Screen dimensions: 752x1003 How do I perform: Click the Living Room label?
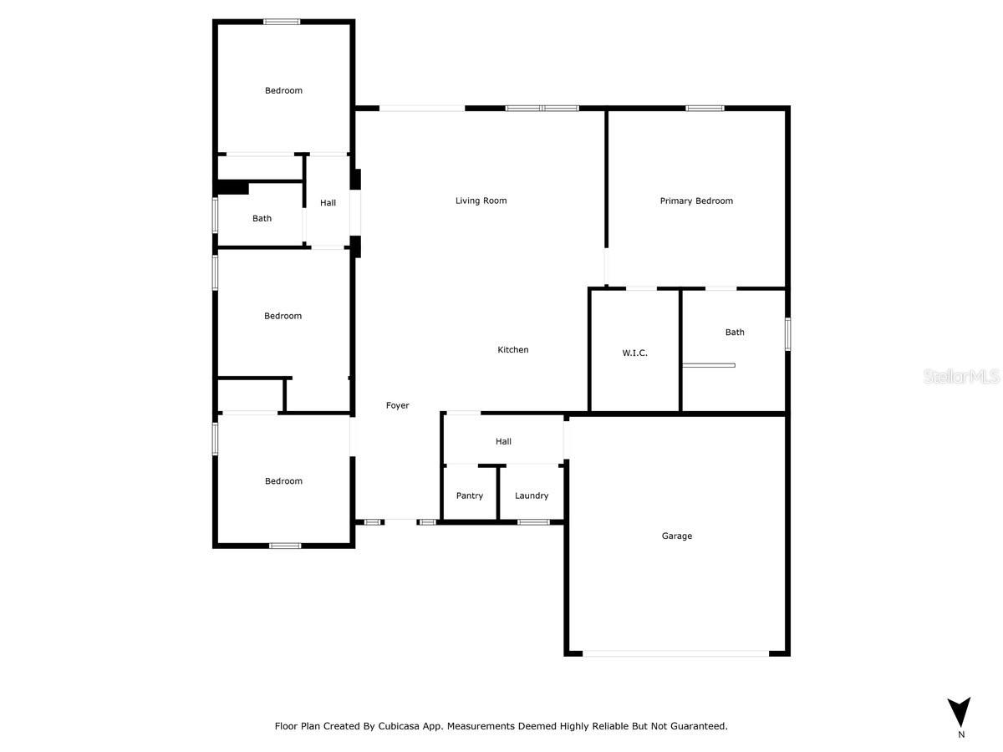click(481, 201)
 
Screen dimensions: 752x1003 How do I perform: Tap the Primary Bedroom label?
click(696, 201)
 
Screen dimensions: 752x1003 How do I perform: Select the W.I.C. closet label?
click(634, 353)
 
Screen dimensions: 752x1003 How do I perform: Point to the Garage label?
click(677, 536)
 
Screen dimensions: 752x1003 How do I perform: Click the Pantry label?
click(470, 495)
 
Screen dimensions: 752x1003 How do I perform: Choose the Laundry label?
click(532, 495)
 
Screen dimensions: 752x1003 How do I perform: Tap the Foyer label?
click(397, 405)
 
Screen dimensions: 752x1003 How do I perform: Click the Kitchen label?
click(513, 350)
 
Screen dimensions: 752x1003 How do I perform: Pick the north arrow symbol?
click(960, 712)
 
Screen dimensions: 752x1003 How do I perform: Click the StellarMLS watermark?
click(961, 378)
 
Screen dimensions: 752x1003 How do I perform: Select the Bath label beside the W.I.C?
click(735, 333)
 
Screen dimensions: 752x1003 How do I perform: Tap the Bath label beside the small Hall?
click(262, 219)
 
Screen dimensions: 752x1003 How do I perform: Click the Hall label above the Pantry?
click(503, 441)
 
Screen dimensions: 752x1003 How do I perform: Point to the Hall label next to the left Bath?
click(328, 203)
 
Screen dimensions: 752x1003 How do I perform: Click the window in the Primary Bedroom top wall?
click(705, 108)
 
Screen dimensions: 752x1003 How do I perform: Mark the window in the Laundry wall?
click(533, 522)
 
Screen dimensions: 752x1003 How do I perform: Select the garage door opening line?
click(675, 653)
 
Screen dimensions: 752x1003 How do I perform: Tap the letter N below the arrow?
click(961, 735)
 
